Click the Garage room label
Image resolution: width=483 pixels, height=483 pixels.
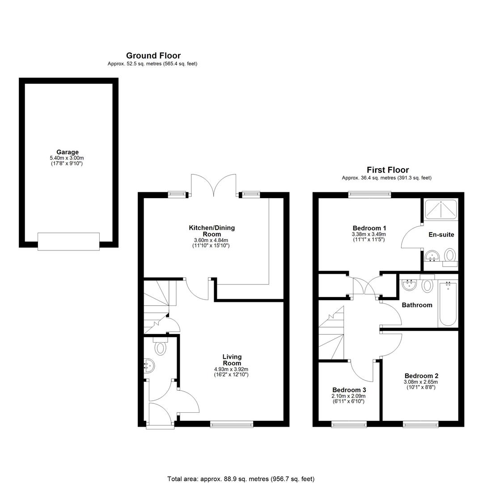68,152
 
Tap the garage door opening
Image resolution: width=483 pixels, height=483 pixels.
69,241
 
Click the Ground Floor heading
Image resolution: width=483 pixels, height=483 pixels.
153,55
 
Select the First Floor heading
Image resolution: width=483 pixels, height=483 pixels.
388,170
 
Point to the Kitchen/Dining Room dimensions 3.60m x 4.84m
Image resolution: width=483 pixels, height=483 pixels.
211,240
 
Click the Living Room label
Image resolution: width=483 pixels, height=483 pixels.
232,360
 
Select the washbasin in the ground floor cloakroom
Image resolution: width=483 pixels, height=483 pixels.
149,366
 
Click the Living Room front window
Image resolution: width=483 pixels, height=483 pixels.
232,424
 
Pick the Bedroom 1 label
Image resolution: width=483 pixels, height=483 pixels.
369,228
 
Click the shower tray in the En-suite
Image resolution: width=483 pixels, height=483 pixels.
441,209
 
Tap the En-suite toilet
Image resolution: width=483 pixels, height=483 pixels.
450,257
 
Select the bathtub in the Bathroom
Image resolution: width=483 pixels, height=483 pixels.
448,303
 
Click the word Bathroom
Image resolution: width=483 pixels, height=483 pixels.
417,305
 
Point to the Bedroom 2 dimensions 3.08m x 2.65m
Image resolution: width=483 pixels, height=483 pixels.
421,382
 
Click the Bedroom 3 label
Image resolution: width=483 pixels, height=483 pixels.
349,390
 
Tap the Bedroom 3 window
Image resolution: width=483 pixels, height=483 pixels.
349,424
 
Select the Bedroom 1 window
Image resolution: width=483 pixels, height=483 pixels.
370,194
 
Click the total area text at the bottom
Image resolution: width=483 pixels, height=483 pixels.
241,479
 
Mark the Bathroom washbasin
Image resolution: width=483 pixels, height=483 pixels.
409,284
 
